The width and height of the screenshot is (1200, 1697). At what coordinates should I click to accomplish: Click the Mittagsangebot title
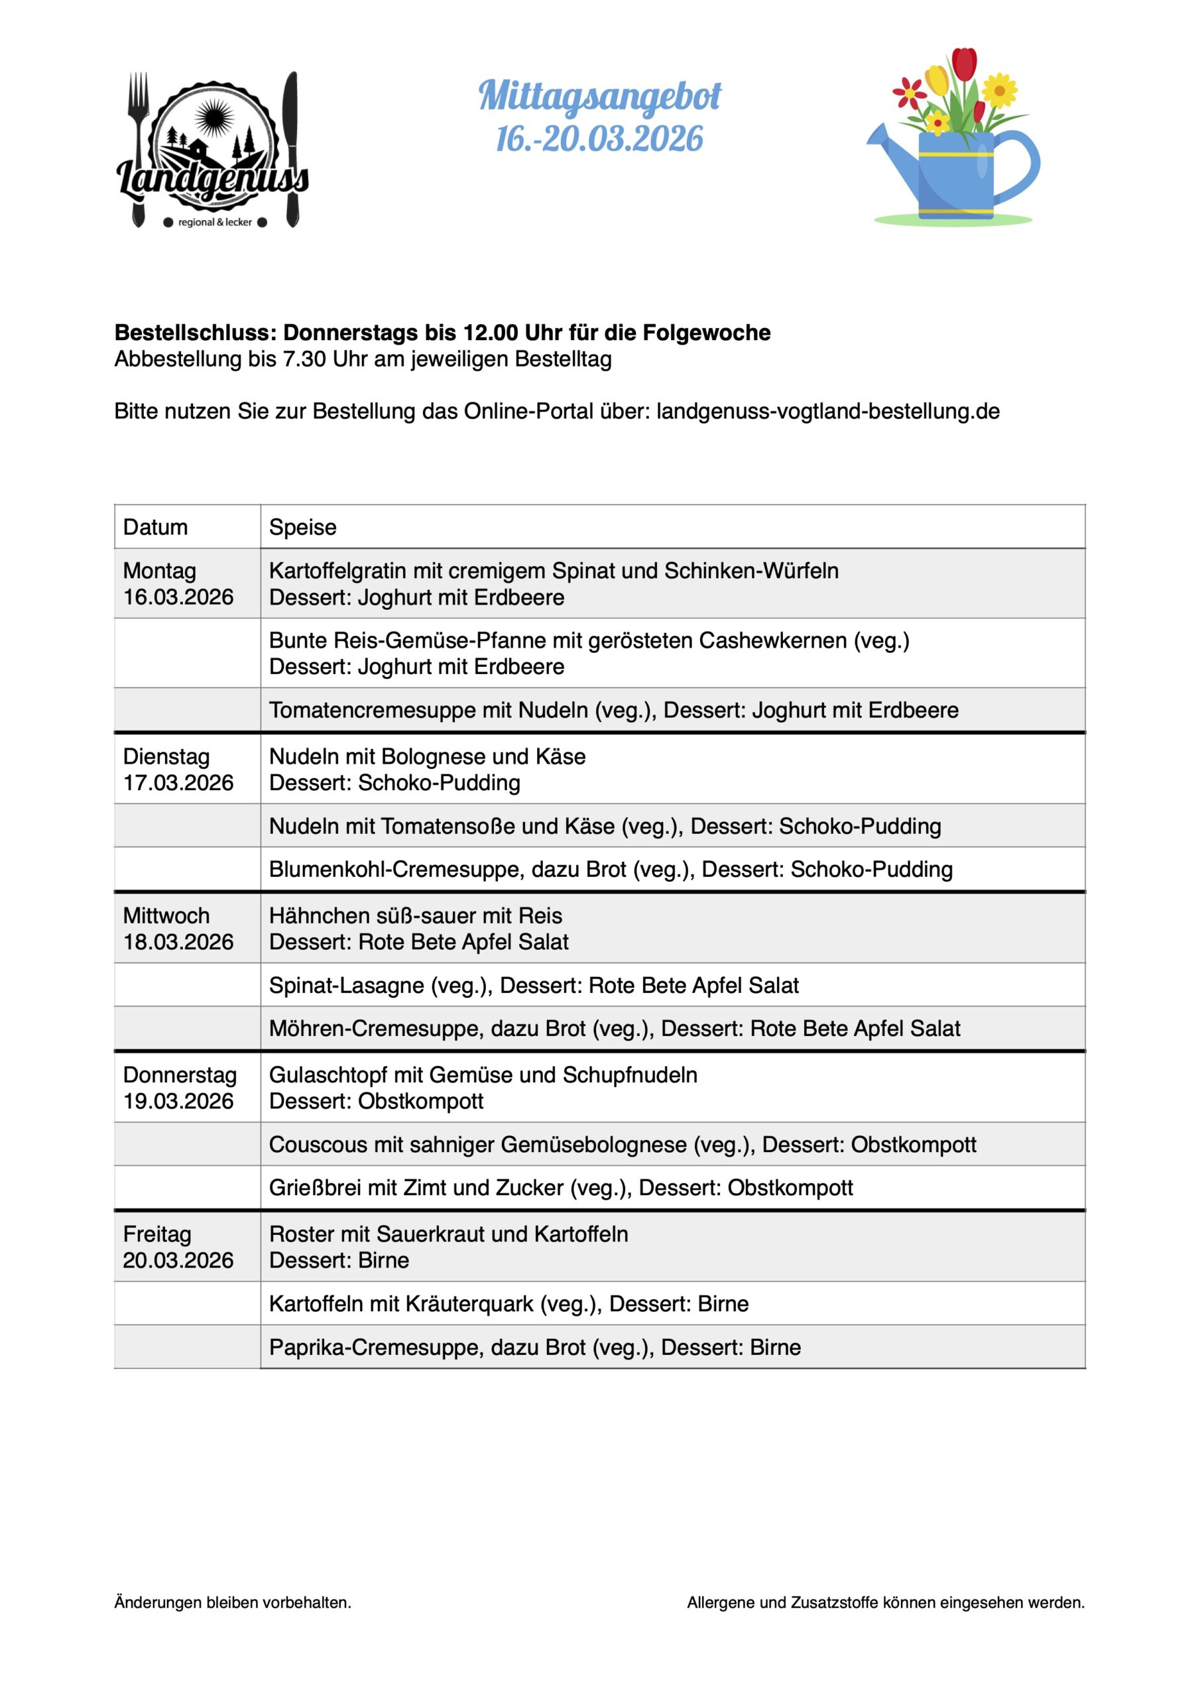(599, 97)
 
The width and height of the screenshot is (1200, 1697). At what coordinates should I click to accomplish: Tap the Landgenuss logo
(213, 152)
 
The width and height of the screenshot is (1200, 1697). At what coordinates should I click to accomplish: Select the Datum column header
(155, 527)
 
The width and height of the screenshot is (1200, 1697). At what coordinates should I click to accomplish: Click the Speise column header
(302, 527)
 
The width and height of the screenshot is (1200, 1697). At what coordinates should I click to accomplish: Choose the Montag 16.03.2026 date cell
(178, 584)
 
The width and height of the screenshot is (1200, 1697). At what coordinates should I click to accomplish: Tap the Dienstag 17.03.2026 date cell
(178, 770)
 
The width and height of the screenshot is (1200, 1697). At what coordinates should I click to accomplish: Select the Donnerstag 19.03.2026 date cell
(179, 1087)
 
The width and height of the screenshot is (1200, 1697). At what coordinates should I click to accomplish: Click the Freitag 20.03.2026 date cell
(178, 1247)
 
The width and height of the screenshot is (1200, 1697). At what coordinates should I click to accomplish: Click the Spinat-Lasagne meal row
(534, 985)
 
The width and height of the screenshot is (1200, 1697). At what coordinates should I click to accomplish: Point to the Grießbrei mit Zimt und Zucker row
(560, 1188)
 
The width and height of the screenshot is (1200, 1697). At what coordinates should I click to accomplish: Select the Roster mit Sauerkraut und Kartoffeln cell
(449, 1247)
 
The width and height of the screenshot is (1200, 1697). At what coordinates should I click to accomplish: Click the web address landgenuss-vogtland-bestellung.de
(827, 411)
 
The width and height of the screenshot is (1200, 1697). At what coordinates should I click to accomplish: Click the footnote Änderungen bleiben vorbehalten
(233, 1602)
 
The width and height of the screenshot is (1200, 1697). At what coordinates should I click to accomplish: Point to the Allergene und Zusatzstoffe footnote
(886, 1602)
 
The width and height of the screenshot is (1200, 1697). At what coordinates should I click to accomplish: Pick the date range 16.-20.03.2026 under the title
(599, 140)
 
